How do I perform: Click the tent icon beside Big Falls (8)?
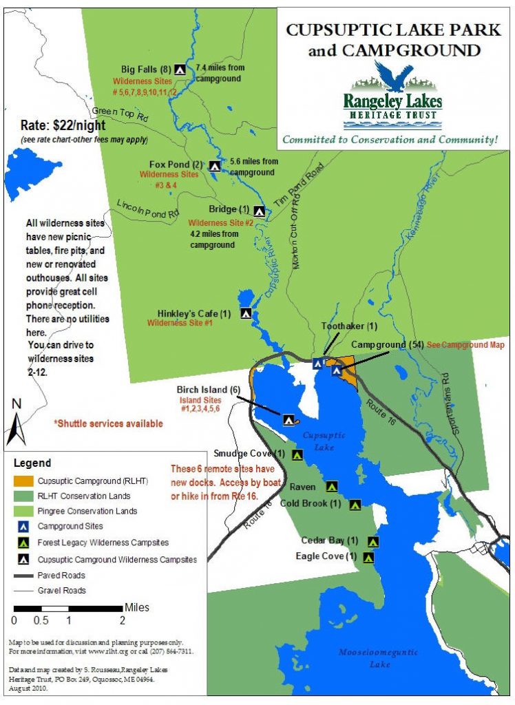[x=180, y=69]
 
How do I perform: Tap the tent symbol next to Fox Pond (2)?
[x=215, y=166]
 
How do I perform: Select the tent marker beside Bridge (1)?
[x=260, y=211]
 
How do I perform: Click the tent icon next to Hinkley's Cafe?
[x=246, y=313]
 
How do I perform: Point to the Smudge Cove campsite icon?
[x=297, y=454]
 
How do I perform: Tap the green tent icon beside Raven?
[x=331, y=486]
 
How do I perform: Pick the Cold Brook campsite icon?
[x=355, y=505]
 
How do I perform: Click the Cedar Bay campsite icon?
[x=373, y=541]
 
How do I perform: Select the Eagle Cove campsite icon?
[x=368, y=557]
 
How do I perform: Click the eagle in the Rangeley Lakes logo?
[x=393, y=76]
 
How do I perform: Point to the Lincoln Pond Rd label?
[x=147, y=208]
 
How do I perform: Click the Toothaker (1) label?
[x=350, y=326]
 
